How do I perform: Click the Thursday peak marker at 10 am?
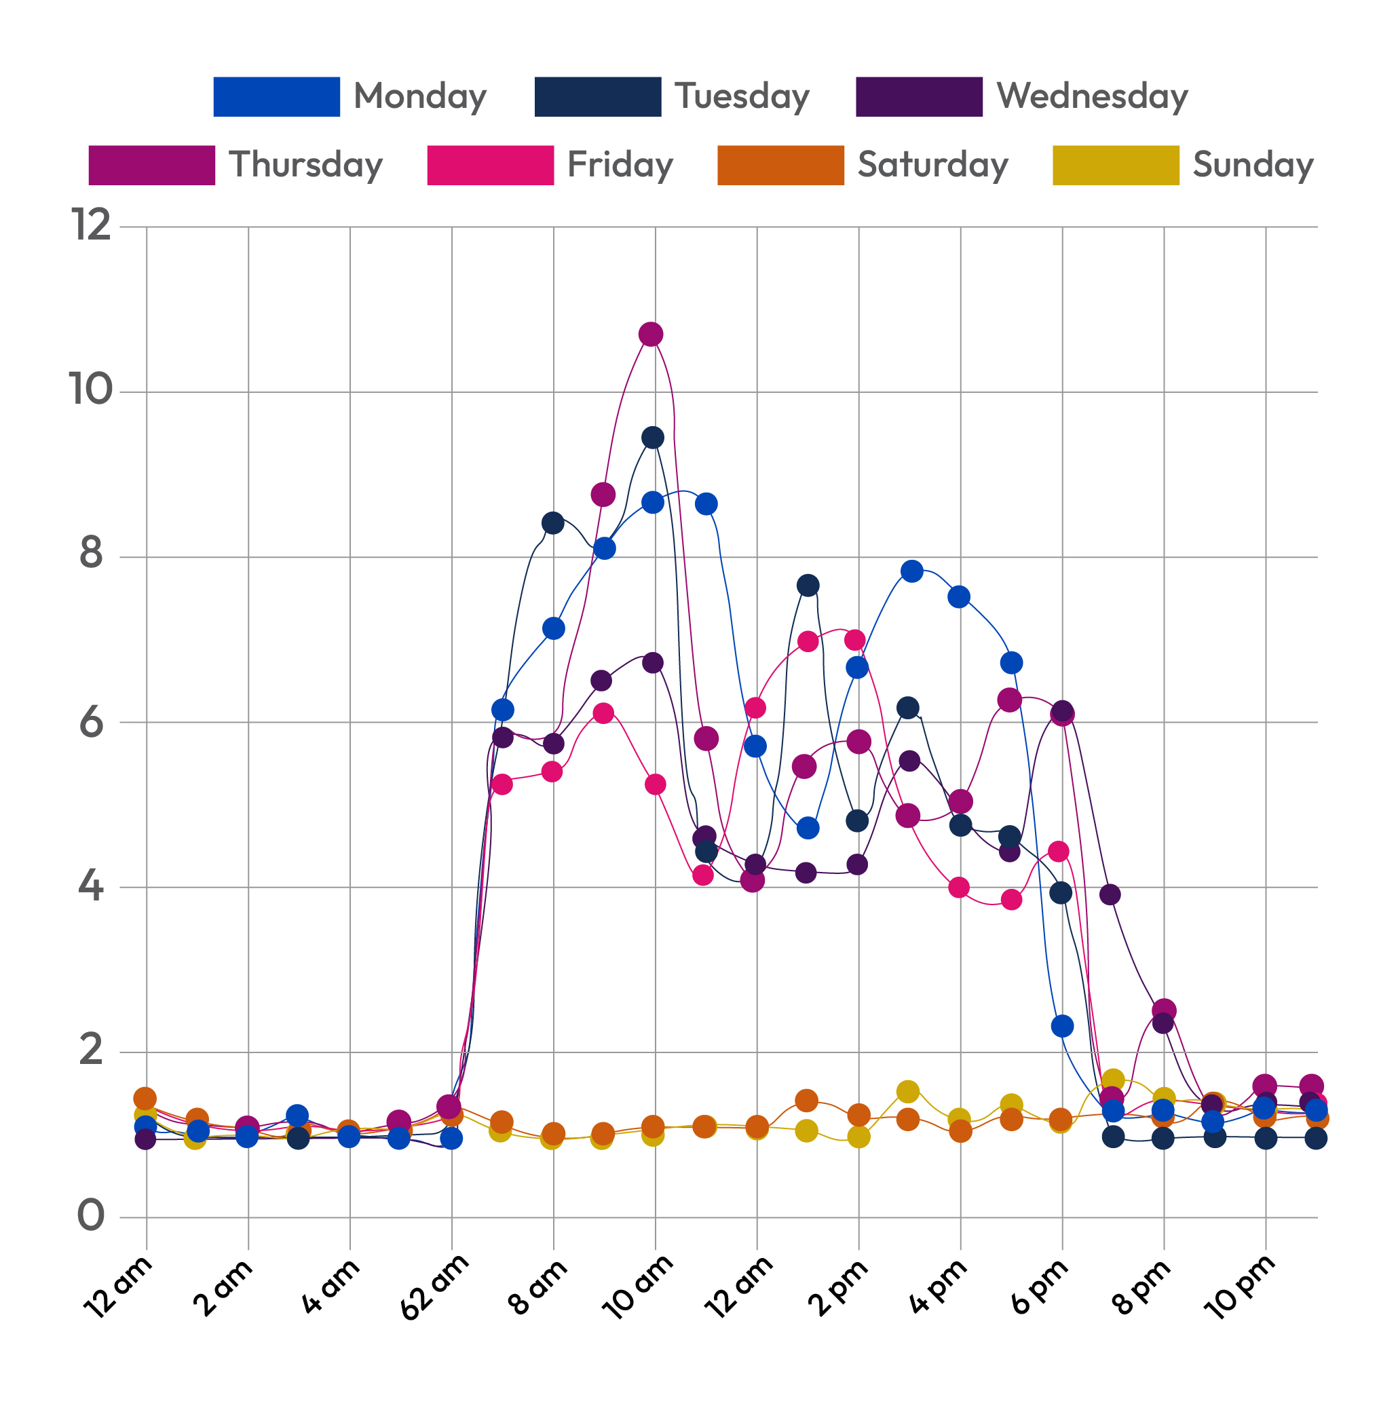coord(651,335)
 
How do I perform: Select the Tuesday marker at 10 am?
coord(653,438)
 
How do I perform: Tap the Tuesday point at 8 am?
coord(552,523)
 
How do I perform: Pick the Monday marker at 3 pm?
coord(912,571)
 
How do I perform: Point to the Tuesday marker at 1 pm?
coord(808,585)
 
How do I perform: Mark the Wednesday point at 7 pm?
coord(1110,895)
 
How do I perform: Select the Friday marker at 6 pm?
coord(1058,851)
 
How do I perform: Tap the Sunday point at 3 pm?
coord(907,1092)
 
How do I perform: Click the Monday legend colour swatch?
coord(276,97)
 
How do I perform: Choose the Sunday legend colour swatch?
coord(1116,166)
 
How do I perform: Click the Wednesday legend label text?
coord(1092,97)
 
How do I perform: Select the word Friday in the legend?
coord(620,166)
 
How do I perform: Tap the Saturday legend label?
coord(932,166)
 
